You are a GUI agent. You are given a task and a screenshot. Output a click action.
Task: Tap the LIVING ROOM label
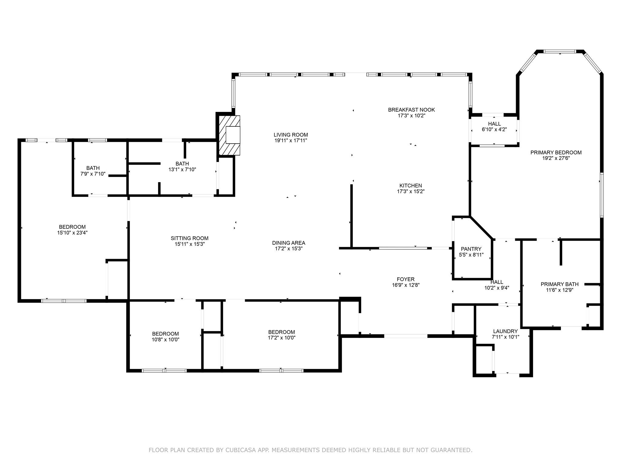(x=290, y=135)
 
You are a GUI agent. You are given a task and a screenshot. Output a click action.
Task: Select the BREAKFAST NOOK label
(x=411, y=110)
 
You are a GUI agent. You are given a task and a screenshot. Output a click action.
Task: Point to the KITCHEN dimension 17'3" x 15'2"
(x=411, y=191)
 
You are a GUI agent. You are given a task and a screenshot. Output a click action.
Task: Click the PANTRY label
(x=471, y=249)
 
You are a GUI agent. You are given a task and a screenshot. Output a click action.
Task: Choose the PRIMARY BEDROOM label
(x=556, y=153)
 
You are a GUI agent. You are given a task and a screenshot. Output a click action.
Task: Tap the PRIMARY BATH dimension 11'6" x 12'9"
(x=559, y=290)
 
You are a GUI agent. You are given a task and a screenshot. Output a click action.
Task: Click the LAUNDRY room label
(x=505, y=331)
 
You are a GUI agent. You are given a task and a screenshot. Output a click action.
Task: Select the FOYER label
(x=405, y=279)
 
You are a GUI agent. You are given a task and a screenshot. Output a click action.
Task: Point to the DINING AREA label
(x=288, y=243)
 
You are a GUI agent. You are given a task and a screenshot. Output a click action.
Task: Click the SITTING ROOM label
(x=190, y=238)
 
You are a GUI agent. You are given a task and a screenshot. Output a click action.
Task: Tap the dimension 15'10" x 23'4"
(x=72, y=233)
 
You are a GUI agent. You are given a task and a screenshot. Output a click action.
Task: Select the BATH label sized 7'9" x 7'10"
(x=93, y=168)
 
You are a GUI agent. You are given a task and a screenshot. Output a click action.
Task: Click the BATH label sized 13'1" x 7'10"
(x=182, y=164)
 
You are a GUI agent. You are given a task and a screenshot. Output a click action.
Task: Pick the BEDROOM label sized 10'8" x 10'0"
(x=165, y=334)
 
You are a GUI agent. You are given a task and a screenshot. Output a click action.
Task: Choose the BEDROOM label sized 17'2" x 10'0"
(x=281, y=332)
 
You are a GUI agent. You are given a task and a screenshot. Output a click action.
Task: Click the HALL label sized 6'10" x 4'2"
(x=494, y=124)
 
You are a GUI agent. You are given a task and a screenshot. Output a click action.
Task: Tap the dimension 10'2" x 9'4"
(x=497, y=288)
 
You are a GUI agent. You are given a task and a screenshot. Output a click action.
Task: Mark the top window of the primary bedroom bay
(x=559, y=52)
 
